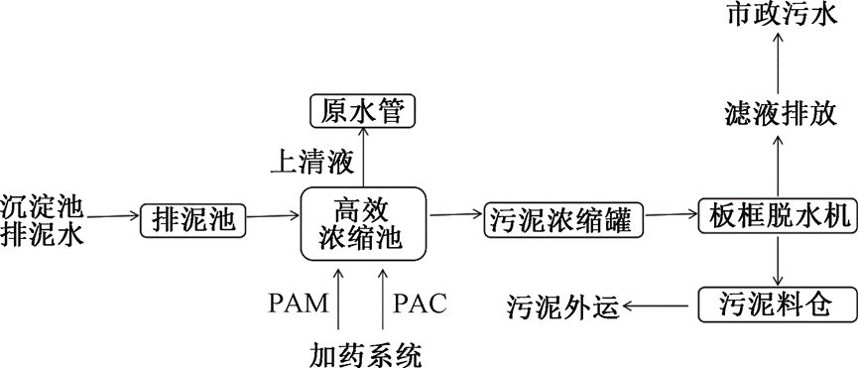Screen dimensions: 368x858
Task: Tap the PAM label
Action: (x=299, y=304)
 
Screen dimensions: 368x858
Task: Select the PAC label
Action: (x=420, y=304)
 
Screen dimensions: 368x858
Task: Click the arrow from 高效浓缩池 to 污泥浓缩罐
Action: (x=455, y=214)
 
